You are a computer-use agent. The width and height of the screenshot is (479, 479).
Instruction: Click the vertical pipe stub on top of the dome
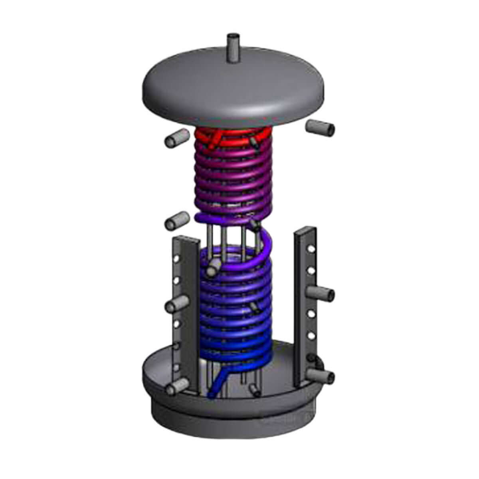coord(232,48)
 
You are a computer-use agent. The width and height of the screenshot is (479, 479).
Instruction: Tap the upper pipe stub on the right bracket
coord(322,294)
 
